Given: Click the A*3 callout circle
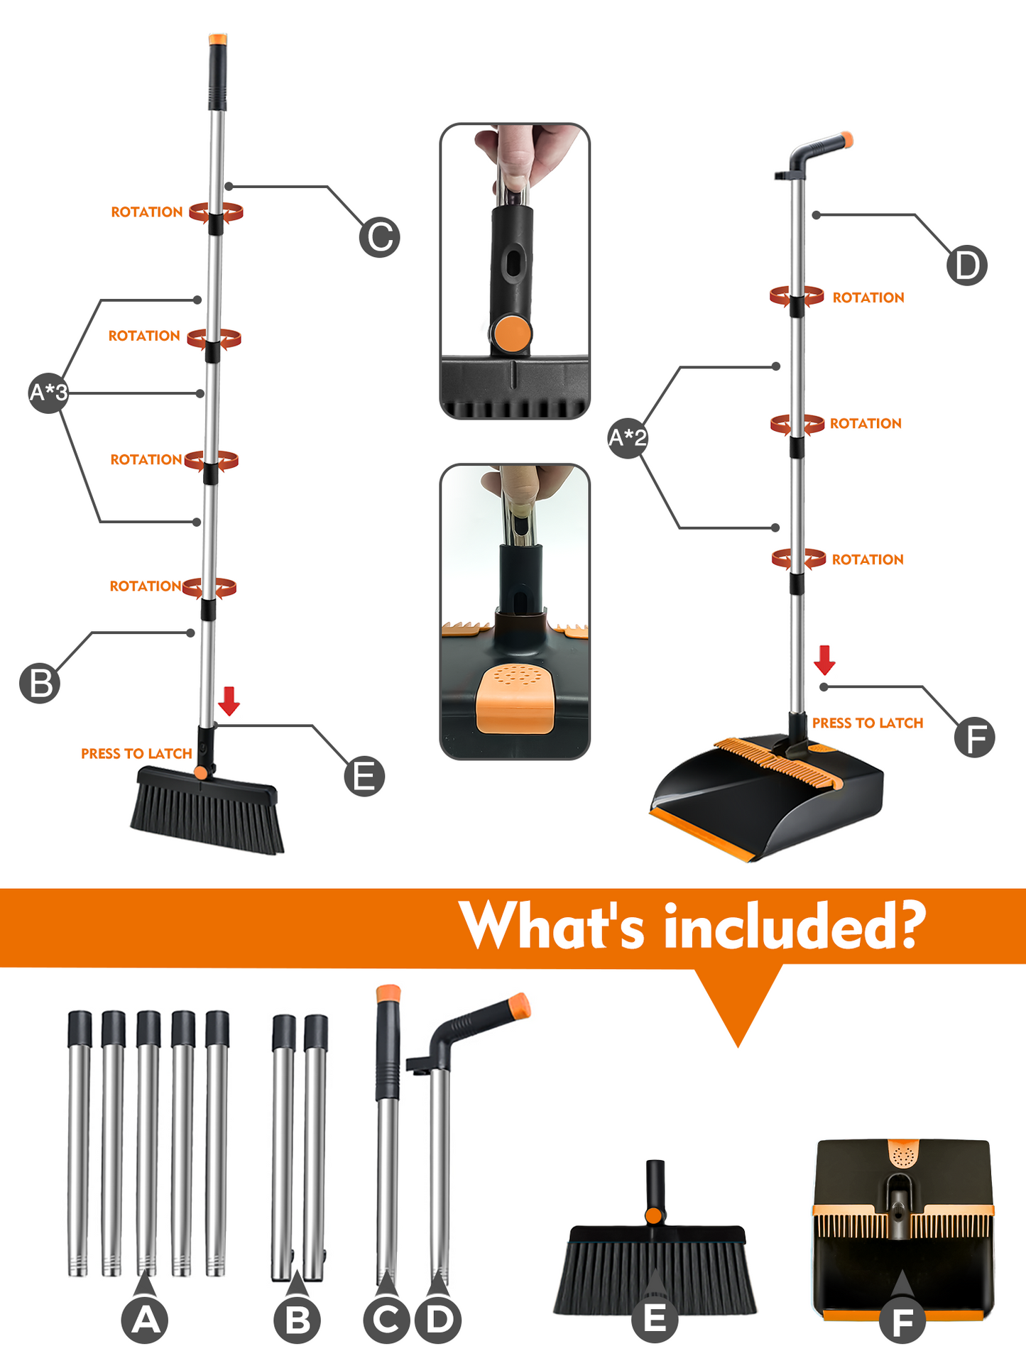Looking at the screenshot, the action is pos(48,392).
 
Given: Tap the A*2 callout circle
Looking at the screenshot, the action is pos(628,437).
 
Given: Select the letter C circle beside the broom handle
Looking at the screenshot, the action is pos(380,237).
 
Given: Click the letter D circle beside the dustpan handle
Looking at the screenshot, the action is pos(967,266).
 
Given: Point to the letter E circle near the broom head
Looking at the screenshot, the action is pos(364,776).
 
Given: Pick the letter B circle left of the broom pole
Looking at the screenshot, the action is pos(40,683).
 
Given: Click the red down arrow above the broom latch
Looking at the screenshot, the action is pos(229,701).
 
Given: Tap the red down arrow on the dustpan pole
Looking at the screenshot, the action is pos(824,660).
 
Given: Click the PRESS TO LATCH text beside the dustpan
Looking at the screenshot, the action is pos(868,723).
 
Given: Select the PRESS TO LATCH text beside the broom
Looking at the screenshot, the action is pos(136,753).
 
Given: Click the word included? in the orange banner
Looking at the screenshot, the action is pos(795,926).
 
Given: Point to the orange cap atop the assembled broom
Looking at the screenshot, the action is pos(218,39).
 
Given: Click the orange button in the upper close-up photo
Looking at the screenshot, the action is pos(512,334).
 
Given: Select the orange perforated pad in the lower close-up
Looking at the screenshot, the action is pos(515,699).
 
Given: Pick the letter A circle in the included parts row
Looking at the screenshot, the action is pos(145,1320).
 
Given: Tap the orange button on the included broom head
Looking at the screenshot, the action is pos(654,1215).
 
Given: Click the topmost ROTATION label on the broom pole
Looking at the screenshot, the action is pos(147,212).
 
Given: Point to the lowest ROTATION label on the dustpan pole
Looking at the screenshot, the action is pos(868,559).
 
